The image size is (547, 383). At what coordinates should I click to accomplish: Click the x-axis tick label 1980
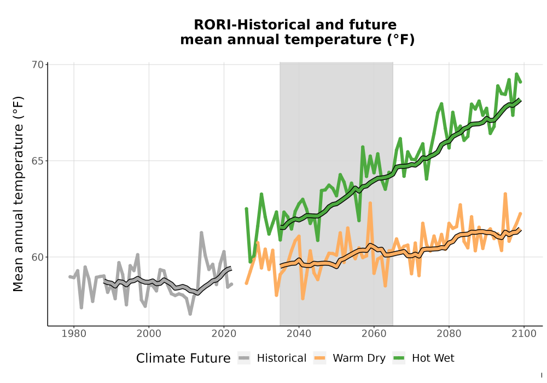pos(74,334)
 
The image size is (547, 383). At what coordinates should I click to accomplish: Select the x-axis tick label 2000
pos(149,334)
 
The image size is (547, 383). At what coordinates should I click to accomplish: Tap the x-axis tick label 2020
pos(224,334)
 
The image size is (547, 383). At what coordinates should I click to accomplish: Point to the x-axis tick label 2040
pos(299,334)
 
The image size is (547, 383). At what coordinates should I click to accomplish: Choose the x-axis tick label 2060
pos(374,334)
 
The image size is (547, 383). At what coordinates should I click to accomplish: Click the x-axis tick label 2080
pos(449,334)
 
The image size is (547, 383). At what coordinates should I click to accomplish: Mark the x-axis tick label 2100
pos(524,334)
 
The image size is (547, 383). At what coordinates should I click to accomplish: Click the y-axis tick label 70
pos(37,65)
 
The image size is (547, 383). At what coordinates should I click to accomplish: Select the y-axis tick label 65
pos(37,161)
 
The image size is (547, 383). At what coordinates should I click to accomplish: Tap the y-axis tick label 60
pos(37,257)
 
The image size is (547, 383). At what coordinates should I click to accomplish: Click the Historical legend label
pos(282,358)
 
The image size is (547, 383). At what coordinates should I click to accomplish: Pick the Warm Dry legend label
pos(359,358)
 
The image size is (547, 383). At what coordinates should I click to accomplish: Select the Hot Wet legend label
pos(433,358)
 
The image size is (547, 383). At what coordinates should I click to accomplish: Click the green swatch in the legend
pos(398,358)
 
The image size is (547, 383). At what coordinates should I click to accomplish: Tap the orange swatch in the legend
pos(319,358)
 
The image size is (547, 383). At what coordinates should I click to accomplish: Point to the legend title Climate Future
pos(183,358)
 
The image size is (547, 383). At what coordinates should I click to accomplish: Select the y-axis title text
pos(18,194)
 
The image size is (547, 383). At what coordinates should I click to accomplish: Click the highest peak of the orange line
pos(505,194)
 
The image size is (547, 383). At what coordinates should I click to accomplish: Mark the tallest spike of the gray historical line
pos(201,233)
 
